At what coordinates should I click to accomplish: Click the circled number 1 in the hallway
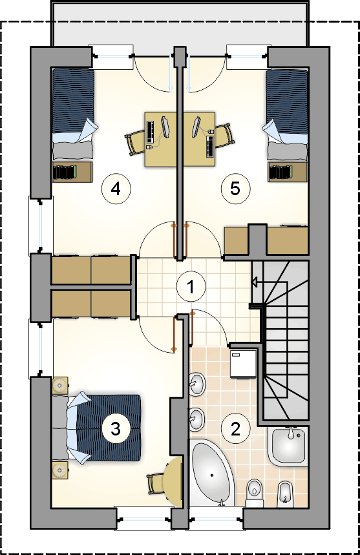(x=191, y=287)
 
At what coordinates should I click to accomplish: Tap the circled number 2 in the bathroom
(x=235, y=429)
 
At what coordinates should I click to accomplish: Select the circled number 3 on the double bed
(x=116, y=429)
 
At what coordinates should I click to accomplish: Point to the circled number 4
(x=116, y=189)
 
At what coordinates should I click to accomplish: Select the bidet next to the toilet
(x=285, y=494)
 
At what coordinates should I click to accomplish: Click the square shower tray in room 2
(x=288, y=445)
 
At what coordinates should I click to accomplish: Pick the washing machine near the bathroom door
(x=244, y=364)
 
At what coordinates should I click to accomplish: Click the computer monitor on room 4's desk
(x=165, y=127)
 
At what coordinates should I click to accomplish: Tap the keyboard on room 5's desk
(x=209, y=146)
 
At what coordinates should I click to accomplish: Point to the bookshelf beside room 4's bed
(x=72, y=172)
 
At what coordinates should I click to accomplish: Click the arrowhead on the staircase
(x=253, y=282)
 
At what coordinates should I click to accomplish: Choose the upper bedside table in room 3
(x=60, y=386)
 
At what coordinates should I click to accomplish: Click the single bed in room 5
(x=287, y=115)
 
